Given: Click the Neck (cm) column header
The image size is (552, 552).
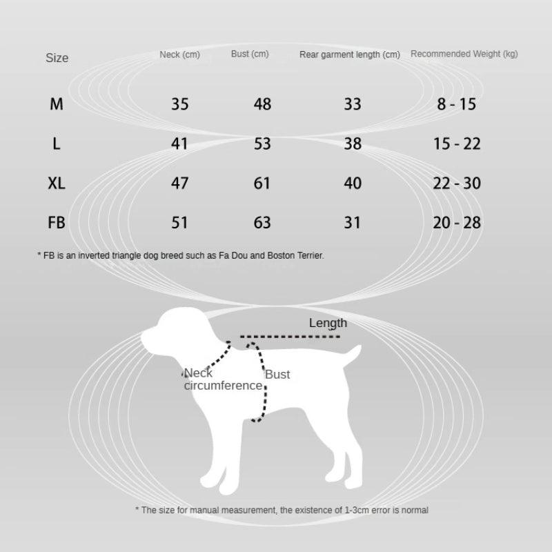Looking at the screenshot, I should point(179,55).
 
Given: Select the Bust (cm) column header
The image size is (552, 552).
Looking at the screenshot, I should point(250,54).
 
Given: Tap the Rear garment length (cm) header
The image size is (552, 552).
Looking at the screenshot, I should point(350,55).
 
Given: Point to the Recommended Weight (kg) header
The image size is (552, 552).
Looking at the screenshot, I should point(464,54).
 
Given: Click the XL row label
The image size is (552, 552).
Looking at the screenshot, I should point(57,184).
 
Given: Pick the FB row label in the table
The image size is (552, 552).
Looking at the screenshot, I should point(57,223).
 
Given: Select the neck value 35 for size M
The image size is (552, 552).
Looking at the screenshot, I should point(179,104).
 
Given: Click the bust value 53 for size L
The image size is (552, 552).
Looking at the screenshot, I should point(262,144).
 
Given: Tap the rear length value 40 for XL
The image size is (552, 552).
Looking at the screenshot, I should point(352,184).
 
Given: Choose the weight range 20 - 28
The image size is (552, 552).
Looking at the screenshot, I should point(457,223).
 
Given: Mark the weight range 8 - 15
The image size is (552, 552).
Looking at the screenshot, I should point(457,104).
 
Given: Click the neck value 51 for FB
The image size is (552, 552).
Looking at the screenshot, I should point(179,223).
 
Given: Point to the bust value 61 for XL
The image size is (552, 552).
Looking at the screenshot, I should point(262,184).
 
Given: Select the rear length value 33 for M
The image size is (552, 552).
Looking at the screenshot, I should point(352,104).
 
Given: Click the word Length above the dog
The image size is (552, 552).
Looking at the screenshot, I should point(328,323).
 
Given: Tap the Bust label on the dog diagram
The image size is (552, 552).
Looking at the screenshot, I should point(277,375).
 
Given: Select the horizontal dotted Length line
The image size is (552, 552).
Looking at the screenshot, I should point(290,337).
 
